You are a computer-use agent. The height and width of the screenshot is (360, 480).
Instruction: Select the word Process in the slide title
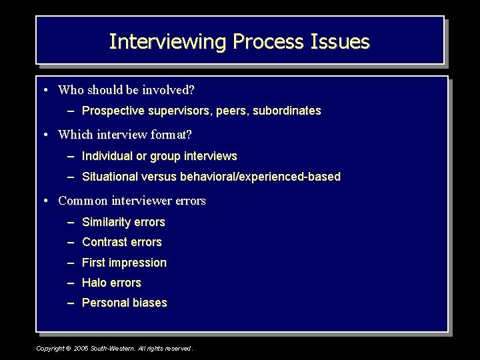269,42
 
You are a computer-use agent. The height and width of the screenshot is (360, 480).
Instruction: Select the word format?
170,135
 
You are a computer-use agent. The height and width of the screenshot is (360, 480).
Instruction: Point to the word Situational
110,177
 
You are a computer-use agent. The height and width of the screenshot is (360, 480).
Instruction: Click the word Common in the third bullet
83,200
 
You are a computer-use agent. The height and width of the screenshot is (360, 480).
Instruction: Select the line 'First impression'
124,263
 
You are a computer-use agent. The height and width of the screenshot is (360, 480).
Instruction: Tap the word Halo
94,283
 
